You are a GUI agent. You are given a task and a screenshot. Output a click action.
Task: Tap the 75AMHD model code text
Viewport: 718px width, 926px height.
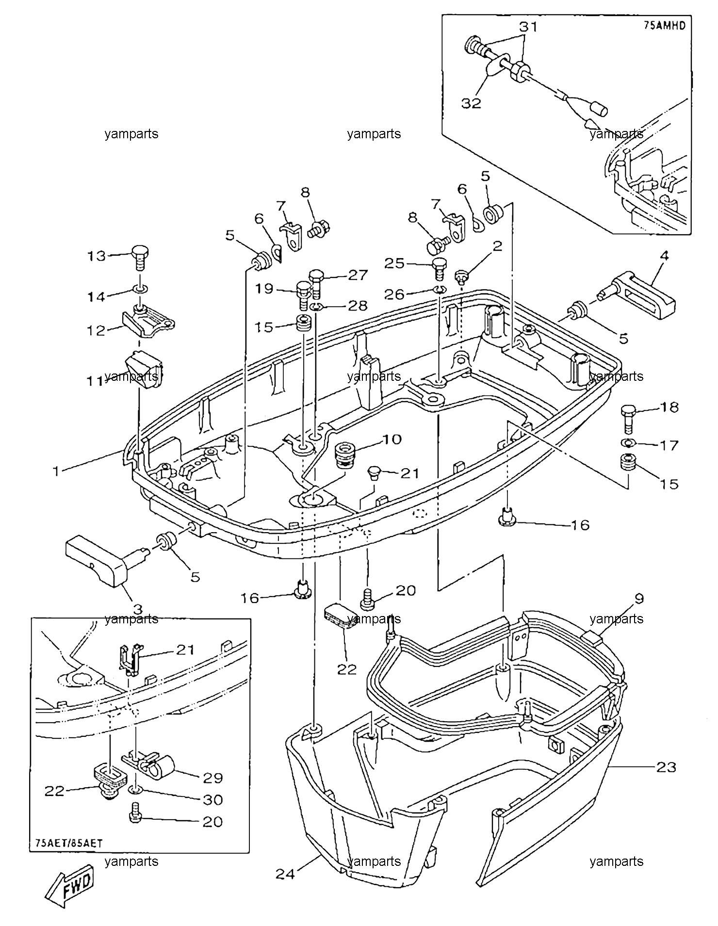(665, 26)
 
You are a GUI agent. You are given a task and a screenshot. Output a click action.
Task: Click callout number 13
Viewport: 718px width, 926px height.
(97, 256)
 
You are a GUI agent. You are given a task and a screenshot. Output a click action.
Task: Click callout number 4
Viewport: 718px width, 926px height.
(664, 255)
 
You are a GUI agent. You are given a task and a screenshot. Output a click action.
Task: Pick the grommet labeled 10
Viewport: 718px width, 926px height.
(346, 454)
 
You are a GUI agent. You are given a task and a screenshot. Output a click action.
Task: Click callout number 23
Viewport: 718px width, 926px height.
(666, 767)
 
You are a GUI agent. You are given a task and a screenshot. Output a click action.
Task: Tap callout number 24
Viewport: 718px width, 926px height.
(286, 874)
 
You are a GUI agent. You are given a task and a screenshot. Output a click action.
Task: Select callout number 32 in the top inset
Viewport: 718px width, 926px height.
(471, 103)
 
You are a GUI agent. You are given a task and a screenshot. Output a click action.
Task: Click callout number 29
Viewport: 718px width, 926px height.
(213, 778)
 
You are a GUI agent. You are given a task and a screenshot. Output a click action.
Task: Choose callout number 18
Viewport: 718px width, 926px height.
(670, 407)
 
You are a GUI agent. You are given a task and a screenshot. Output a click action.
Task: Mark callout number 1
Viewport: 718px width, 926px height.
(57, 471)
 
